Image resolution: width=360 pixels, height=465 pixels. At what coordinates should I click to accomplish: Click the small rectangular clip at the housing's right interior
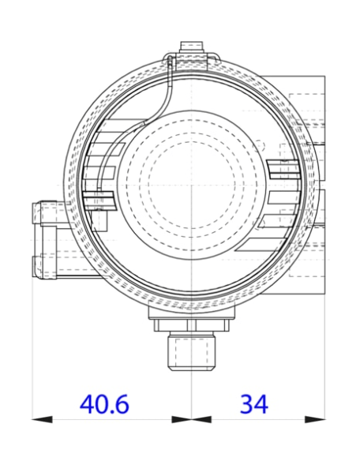283,167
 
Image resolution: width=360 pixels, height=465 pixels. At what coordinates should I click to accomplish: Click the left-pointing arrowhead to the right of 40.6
183,419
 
